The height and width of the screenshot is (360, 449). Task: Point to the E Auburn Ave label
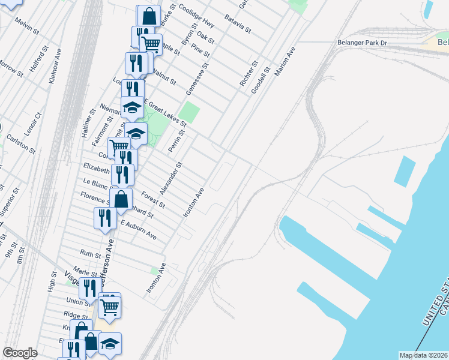[139, 230]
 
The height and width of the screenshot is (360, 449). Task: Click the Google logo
[20, 353]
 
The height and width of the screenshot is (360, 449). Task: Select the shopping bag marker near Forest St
[121, 199]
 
